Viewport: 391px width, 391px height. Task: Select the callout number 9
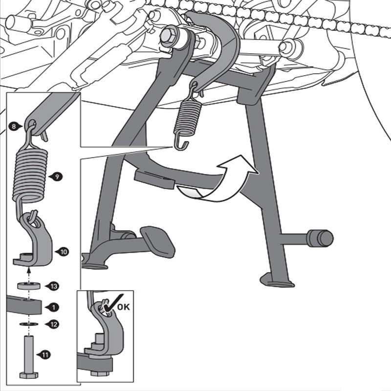57,176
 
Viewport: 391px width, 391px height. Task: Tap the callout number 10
62,252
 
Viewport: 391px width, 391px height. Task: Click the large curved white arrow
222,183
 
